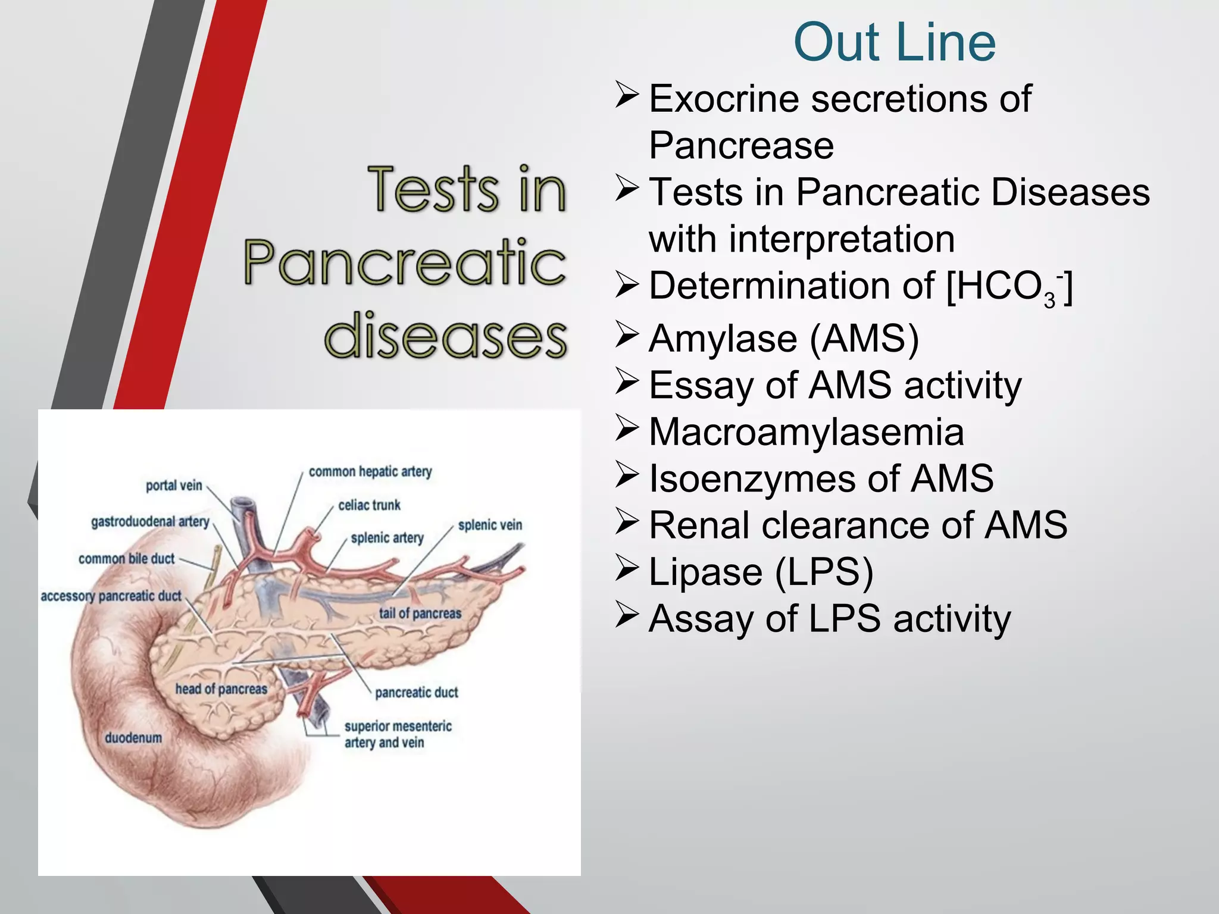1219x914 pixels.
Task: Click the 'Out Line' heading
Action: click(x=894, y=43)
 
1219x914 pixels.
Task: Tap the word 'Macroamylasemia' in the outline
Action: click(x=806, y=432)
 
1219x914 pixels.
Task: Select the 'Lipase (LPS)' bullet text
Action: click(x=761, y=572)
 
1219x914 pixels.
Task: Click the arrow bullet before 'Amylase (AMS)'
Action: click(x=627, y=335)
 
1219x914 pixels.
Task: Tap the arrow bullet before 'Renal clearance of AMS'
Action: click(x=627, y=522)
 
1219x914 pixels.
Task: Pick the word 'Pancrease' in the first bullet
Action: click(x=741, y=146)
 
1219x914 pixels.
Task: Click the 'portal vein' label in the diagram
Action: click(x=174, y=486)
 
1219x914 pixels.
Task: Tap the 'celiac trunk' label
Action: click(x=369, y=505)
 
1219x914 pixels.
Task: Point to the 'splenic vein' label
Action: click(x=490, y=525)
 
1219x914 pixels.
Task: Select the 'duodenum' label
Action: click(x=133, y=738)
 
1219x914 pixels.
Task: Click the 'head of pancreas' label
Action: click(x=221, y=689)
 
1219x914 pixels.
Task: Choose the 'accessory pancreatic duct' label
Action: click(x=111, y=596)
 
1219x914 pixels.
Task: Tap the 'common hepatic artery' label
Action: click(x=370, y=472)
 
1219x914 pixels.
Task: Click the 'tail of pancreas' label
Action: click(x=420, y=613)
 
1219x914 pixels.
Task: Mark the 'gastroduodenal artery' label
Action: click(x=150, y=522)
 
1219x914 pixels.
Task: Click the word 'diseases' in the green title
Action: click(x=445, y=336)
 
